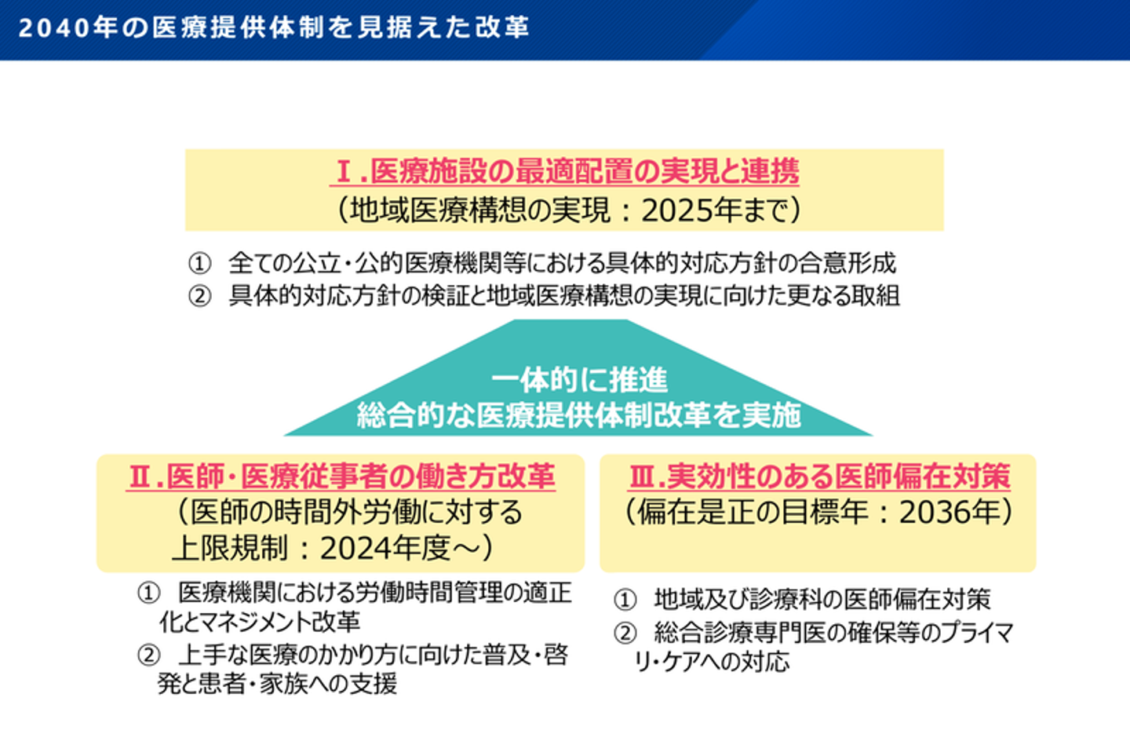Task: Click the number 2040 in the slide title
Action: pyautogui.click(x=54, y=27)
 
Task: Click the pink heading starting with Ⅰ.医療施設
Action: pyautogui.click(x=565, y=172)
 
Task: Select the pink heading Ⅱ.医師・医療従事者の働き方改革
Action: pyautogui.click(x=341, y=476)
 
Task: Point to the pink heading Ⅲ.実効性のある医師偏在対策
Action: pyautogui.click(x=819, y=476)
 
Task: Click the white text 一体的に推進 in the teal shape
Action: pyautogui.click(x=579, y=380)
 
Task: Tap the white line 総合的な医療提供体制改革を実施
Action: pyautogui.click(x=578, y=416)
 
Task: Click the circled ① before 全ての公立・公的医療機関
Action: pyautogui.click(x=199, y=264)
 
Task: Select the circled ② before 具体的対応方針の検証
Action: pyautogui.click(x=199, y=296)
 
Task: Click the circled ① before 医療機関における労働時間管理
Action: pyautogui.click(x=148, y=593)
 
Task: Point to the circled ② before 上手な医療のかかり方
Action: pyautogui.click(x=148, y=656)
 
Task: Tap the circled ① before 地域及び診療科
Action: pyautogui.click(x=625, y=600)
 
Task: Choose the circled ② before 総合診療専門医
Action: pyautogui.click(x=625, y=633)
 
